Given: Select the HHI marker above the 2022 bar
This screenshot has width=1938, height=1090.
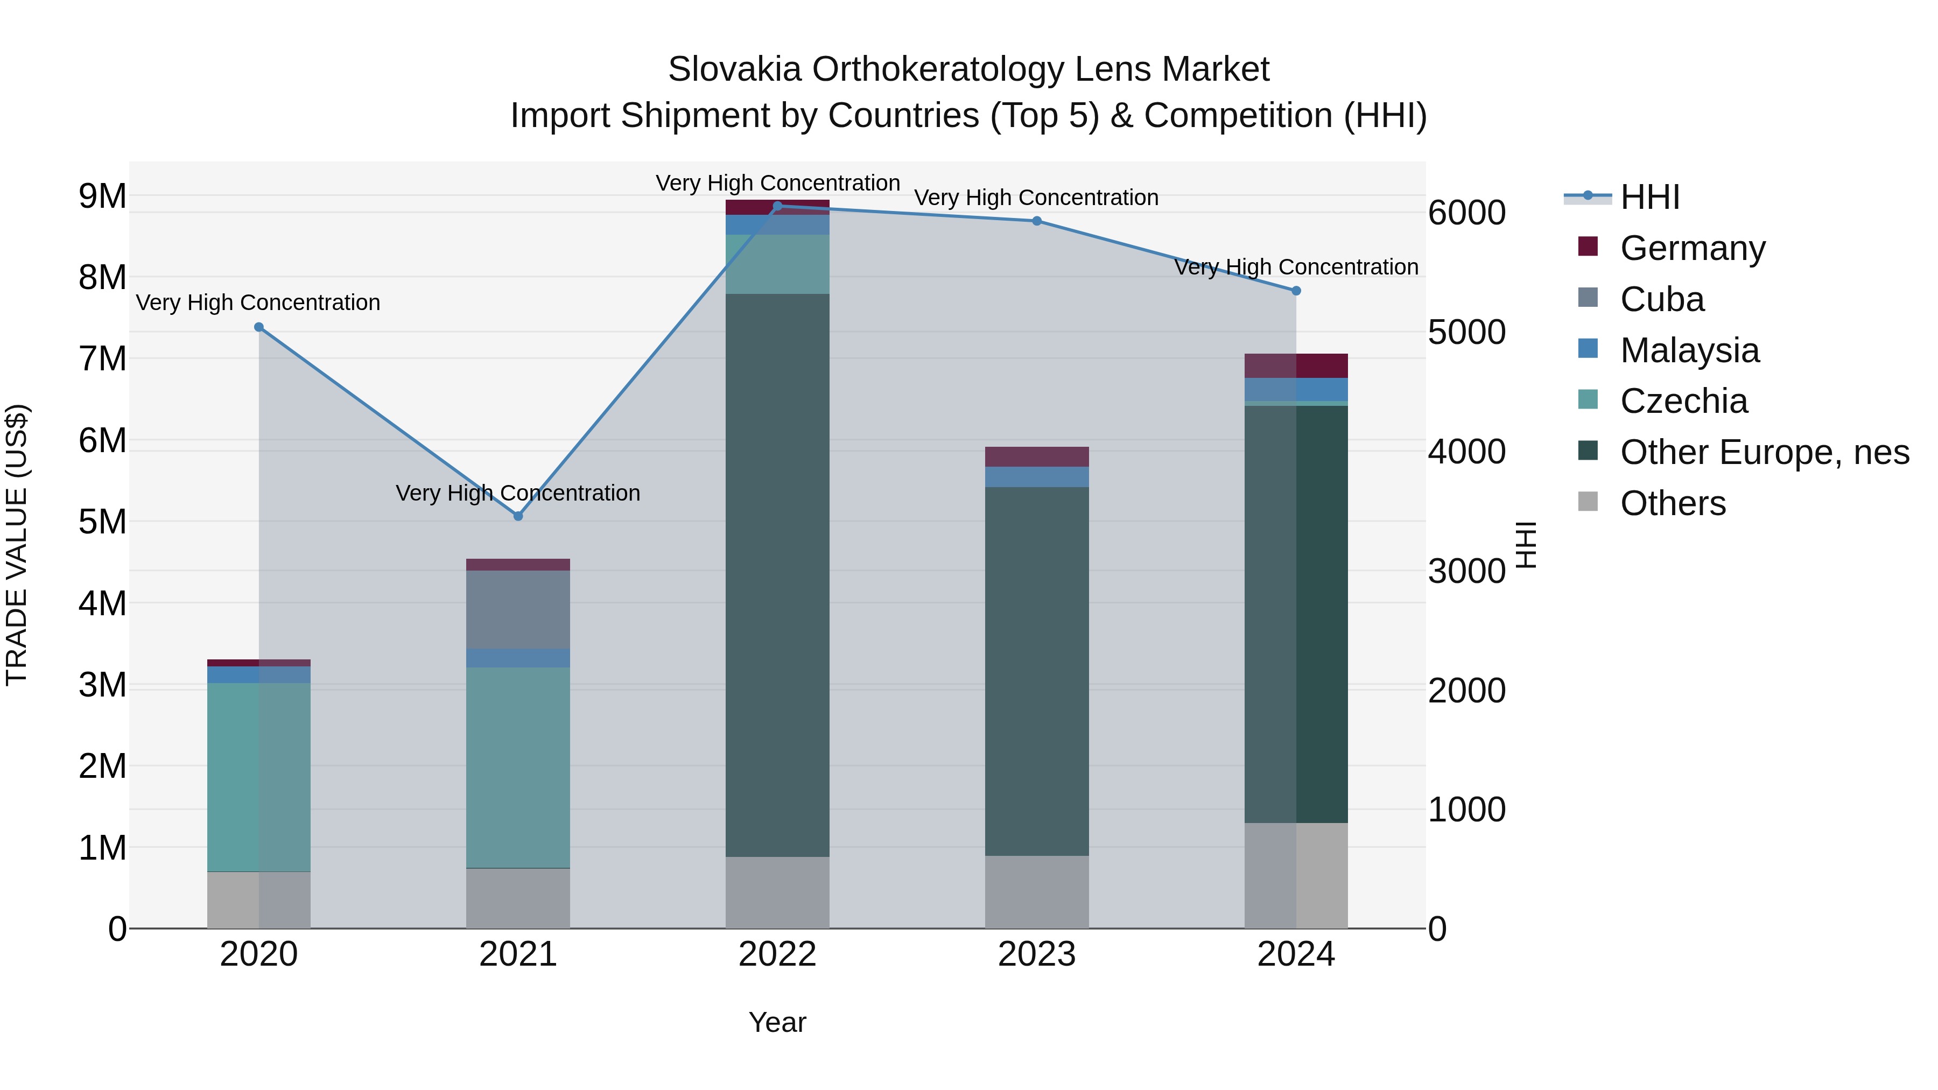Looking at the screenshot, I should tap(777, 206).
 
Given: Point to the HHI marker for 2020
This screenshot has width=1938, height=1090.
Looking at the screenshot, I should tap(259, 327).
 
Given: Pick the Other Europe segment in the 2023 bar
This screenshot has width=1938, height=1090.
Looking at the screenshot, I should tap(1037, 671).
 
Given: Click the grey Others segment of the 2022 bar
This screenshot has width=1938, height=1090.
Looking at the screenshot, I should tap(777, 892).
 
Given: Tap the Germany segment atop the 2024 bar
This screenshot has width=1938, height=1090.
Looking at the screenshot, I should tap(1296, 365).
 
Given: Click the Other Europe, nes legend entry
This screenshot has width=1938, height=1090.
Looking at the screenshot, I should tap(1764, 453).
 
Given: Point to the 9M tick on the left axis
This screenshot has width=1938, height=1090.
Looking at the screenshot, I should tap(102, 196).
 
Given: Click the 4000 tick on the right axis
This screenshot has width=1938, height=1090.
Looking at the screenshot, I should tap(1466, 452).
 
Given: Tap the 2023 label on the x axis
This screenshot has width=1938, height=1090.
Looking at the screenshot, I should tap(1037, 954).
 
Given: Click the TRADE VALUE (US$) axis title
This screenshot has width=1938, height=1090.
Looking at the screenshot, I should tap(17, 545).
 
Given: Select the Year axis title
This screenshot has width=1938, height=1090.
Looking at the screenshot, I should tap(777, 1022).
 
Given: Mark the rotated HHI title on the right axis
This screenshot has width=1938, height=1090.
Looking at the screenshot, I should tap(1525, 545).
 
